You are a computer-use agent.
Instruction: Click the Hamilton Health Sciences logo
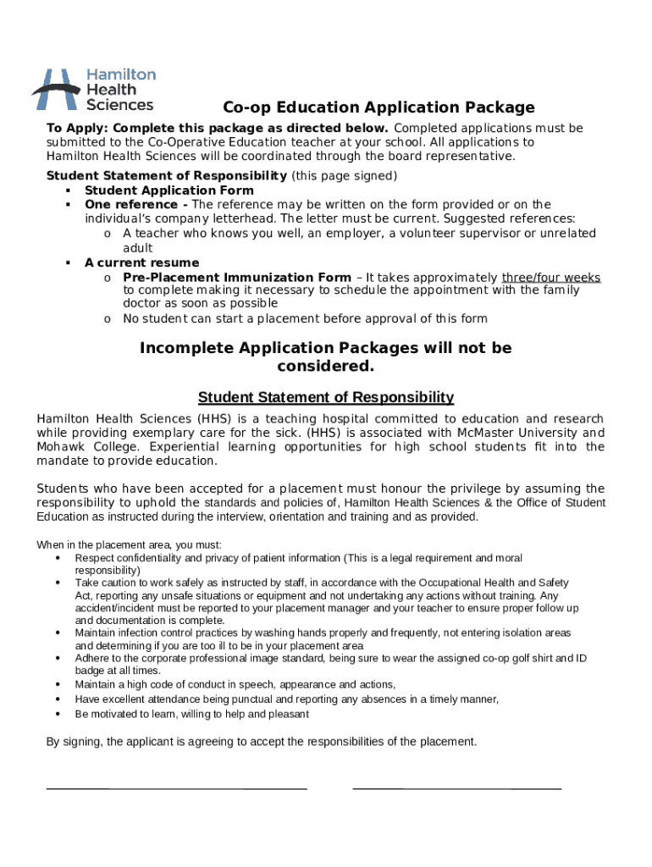(x=94, y=90)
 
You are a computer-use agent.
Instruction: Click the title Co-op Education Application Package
(x=378, y=108)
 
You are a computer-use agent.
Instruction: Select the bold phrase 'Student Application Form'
(x=169, y=191)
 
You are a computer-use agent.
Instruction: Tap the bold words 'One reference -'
(x=136, y=205)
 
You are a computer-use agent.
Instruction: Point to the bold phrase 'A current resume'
(x=141, y=262)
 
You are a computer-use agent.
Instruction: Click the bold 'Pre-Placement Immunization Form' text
(x=236, y=277)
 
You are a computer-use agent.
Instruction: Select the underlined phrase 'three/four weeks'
(x=551, y=277)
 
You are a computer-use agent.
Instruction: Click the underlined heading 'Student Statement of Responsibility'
(x=326, y=397)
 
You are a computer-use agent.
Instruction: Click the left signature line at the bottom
(x=176, y=788)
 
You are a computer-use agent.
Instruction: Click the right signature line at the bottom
(x=456, y=788)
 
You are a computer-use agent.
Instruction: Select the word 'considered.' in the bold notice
(x=325, y=367)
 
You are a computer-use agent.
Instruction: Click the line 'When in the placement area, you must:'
(x=129, y=544)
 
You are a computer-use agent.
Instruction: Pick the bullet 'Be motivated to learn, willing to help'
(x=191, y=714)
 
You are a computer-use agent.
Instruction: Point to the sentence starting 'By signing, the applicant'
(x=262, y=742)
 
